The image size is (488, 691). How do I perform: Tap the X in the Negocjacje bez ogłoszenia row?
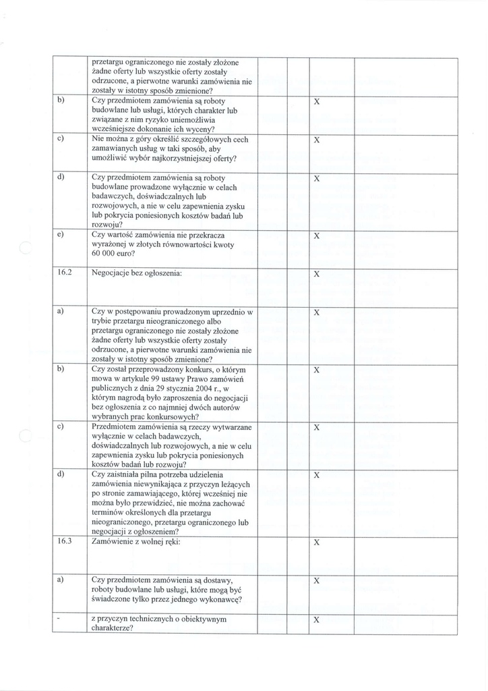316,275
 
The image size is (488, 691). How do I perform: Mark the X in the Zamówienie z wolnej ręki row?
316,543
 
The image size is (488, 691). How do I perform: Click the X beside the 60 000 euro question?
316,236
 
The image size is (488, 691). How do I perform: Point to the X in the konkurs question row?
316,371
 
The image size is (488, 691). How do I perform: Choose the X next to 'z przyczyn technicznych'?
316,621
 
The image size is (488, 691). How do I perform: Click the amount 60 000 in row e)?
104,254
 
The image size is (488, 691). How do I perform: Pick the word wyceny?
200,129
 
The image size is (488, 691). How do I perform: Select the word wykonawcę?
220,599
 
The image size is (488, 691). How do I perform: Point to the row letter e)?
61,235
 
